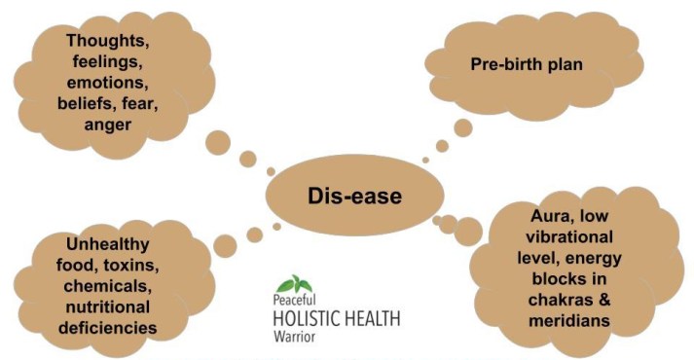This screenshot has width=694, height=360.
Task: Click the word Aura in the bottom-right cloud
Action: click(535, 225)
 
